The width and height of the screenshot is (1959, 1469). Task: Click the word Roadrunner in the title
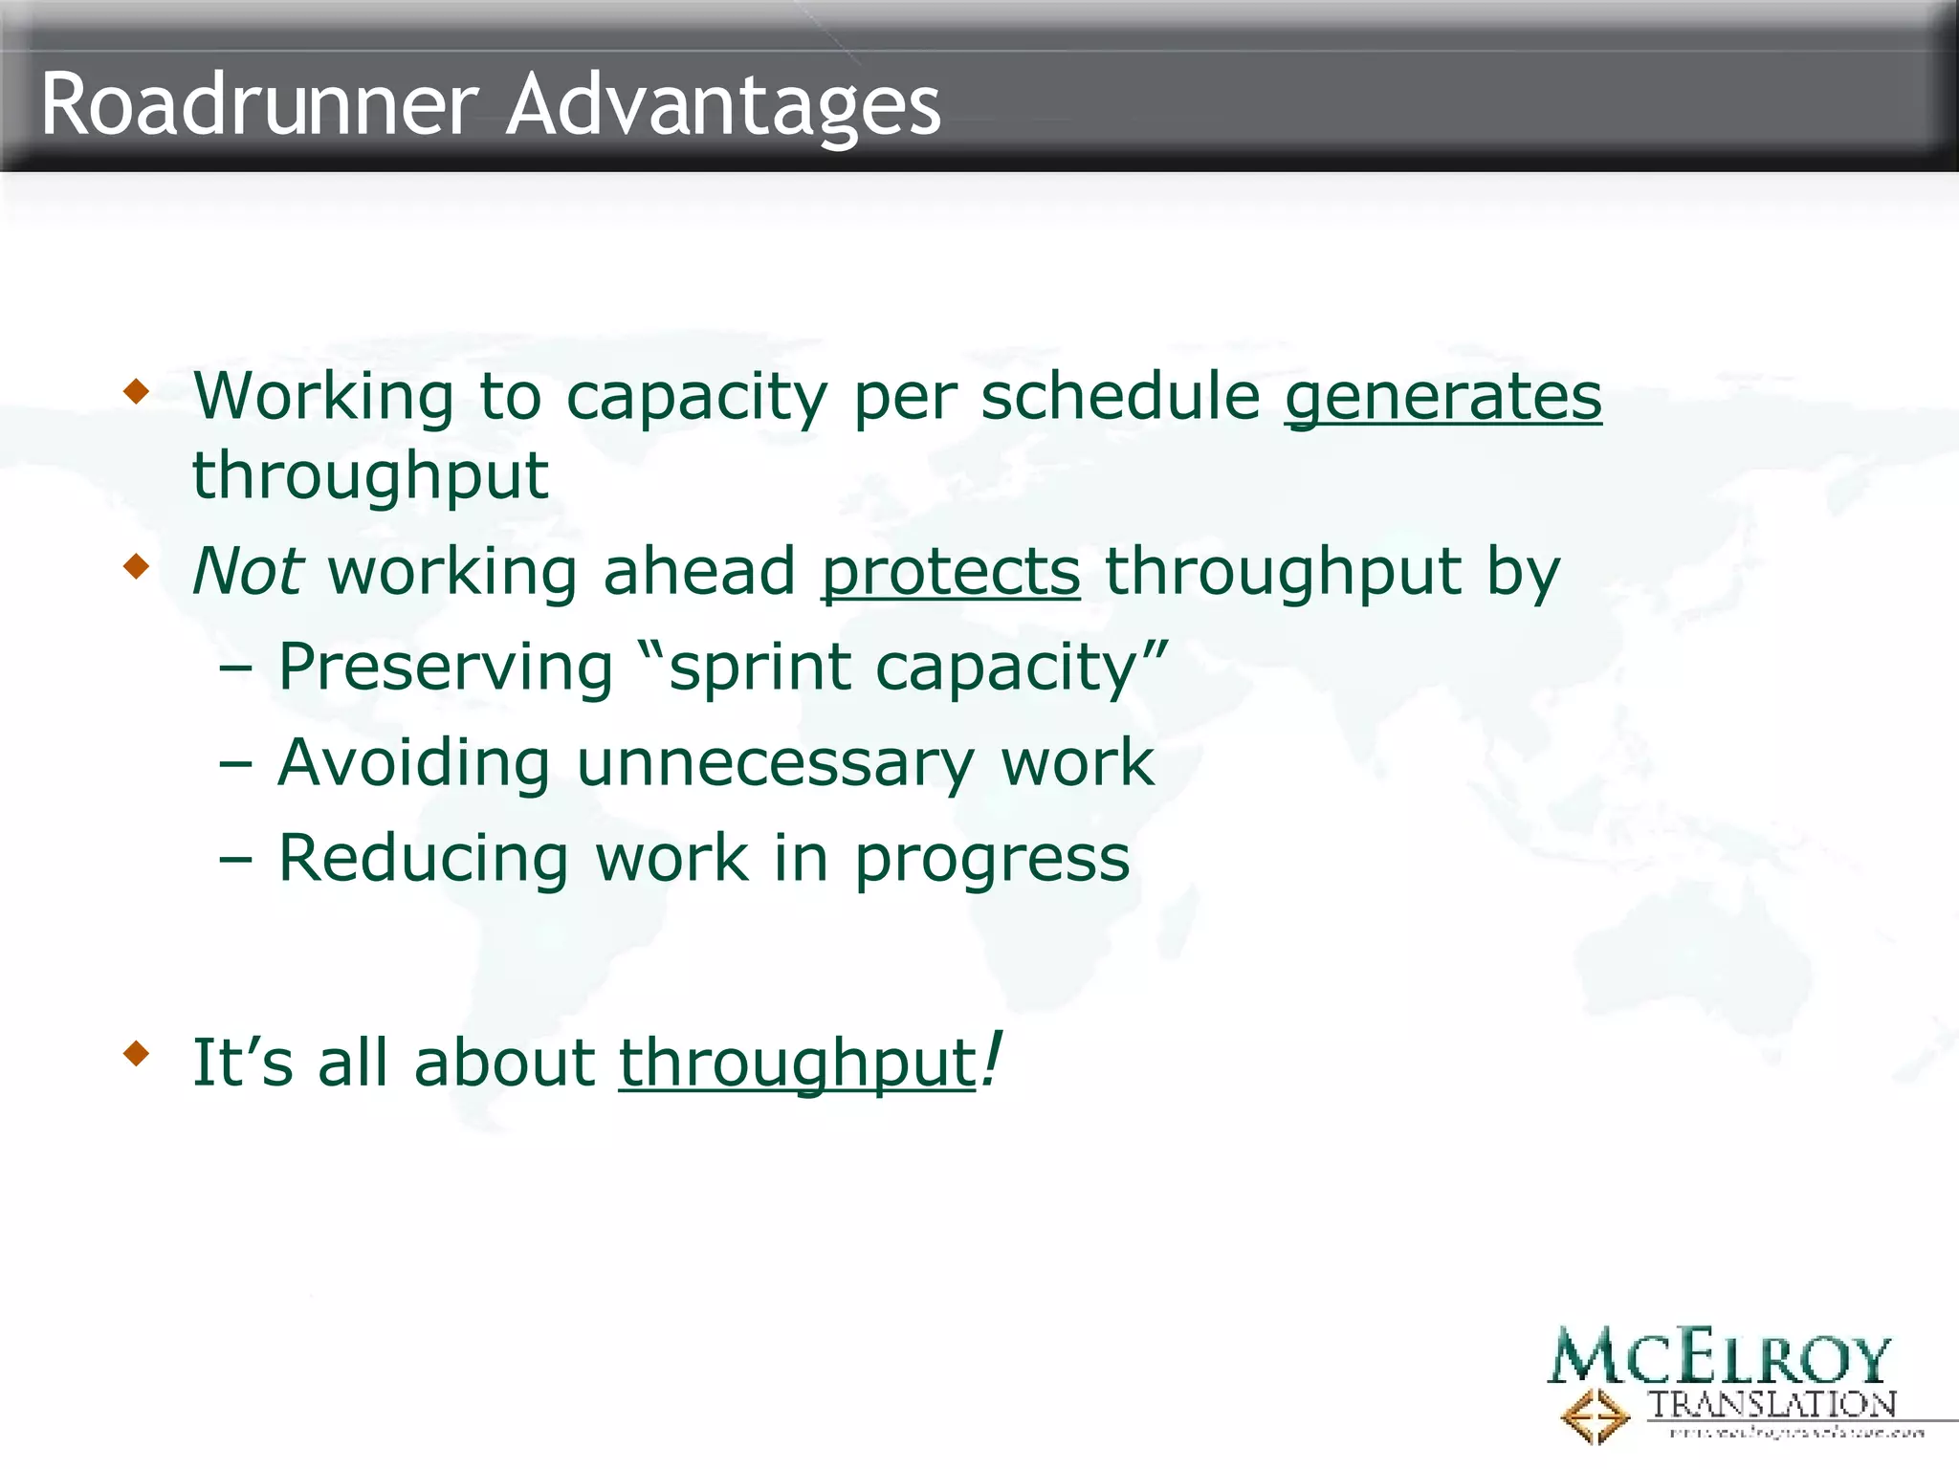(258, 105)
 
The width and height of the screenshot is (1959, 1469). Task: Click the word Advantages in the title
(723, 105)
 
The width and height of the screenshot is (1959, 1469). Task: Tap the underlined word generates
(1442, 396)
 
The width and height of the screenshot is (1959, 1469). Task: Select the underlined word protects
(951, 572)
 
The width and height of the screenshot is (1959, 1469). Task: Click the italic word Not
(248, 572)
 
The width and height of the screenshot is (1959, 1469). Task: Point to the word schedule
(1120, 396)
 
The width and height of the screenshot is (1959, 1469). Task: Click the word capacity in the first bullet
(696, 398)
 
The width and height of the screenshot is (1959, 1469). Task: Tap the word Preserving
(445, 667)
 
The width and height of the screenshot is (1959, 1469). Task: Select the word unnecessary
(775, 763)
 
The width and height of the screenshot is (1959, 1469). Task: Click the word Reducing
(424, 858)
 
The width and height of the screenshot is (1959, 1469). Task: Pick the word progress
(992, 860)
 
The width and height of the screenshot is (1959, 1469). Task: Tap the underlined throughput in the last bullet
(797, 1063)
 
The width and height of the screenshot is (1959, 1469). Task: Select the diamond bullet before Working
(137, 391)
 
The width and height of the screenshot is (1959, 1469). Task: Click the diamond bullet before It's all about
(137, 1055)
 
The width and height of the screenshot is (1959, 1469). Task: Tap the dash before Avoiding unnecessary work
(235, 763)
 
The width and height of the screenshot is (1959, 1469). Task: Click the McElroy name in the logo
(1719, 1357)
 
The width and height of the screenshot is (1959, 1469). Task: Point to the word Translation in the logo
(1771, 1405)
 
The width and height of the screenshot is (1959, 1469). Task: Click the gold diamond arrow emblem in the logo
(1595, 1415)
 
